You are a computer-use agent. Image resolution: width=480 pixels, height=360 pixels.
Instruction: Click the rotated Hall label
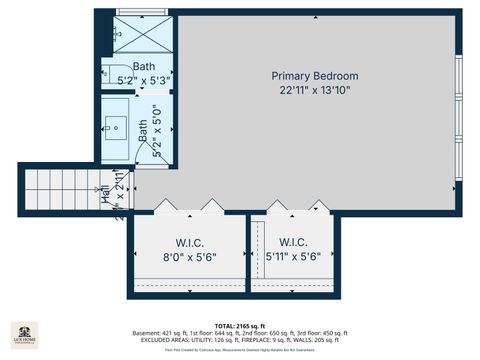pyautogui.click(x=107, y=195)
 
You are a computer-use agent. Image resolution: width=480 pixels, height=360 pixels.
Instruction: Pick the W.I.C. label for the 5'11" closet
pyautogui.click(x=293, y=243)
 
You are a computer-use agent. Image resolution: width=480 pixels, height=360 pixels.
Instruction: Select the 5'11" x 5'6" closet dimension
pyautogui.click(x=293, y=257)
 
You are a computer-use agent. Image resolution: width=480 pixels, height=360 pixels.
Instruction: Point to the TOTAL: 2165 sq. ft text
pyautogui.click(x=239, y=326)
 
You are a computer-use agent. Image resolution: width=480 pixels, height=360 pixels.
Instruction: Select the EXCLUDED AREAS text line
pyautogui.click(x=239, y=340)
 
